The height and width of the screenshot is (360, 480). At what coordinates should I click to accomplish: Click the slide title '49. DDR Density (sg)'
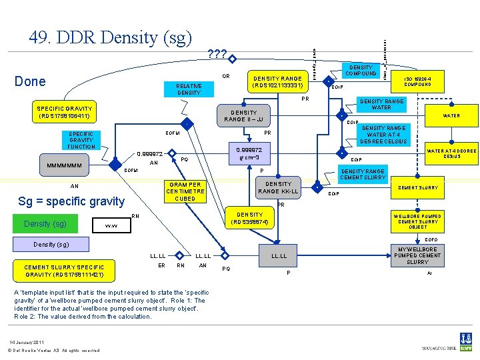point(111,37)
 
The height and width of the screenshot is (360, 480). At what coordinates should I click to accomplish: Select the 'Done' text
point(30,81)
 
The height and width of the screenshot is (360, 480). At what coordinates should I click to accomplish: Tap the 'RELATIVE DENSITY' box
point(189,89)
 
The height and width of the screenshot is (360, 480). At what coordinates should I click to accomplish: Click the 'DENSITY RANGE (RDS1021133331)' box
point(277,82)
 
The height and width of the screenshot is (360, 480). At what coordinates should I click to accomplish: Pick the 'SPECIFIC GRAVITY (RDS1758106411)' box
point(65,112)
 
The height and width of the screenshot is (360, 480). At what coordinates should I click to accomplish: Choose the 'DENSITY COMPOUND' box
point(361,70)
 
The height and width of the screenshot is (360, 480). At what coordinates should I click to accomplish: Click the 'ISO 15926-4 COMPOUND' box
point(417,81)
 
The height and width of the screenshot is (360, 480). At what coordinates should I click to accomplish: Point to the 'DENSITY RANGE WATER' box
point(381,104)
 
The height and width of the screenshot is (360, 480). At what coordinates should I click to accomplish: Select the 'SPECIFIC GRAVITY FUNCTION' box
point(81,140)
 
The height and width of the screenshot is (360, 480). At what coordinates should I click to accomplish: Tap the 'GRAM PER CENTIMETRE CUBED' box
point(185,191)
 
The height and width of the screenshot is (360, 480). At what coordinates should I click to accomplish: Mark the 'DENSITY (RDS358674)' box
point(249,219)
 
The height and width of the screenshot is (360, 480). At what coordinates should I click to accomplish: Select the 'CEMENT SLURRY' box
point(417,188)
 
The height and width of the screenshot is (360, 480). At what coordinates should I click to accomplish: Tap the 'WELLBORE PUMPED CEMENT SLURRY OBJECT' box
point(417,221)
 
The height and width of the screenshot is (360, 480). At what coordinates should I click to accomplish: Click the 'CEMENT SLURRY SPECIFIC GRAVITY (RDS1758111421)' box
point(64,271)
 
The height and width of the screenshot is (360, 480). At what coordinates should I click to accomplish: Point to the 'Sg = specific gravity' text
point(71,201)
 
